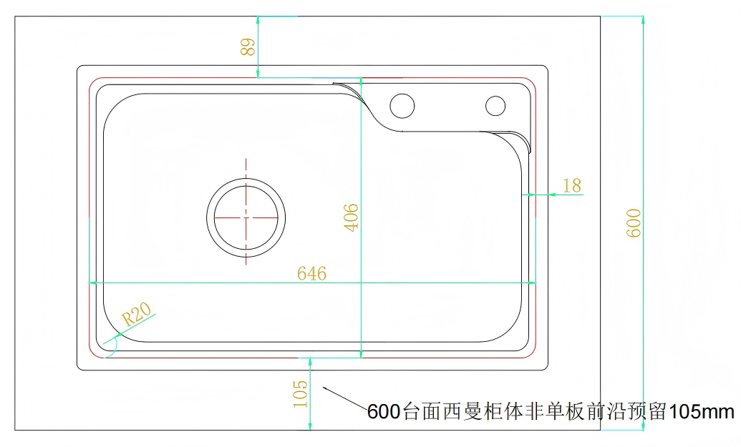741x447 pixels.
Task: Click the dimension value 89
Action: tap(248, 46)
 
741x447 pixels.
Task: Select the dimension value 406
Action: tap(351, 217)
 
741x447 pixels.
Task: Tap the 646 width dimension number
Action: tap(311, 273)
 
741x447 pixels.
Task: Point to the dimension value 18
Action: tap(572, 185)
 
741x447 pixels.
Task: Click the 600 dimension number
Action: tap(634, 223)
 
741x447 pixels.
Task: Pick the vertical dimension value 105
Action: tap(300, 394)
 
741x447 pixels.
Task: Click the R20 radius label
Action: tap(136, 314)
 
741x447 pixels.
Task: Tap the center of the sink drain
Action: tap(246, 217)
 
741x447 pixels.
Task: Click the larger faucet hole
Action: tap(402, 106)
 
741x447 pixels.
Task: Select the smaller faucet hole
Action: tap(495, 106)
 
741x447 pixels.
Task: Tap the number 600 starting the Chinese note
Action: tap(384, 412)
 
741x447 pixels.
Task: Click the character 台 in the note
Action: tap(411, 412)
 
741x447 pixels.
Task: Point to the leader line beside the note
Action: tap(346, 399)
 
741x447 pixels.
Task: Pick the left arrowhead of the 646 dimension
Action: tap(93, 283)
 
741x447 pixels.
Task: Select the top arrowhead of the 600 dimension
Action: tap(643, 20)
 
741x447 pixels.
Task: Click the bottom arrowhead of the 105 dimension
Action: tap(310, 426)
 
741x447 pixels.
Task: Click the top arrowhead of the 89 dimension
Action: tap(258, 20)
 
